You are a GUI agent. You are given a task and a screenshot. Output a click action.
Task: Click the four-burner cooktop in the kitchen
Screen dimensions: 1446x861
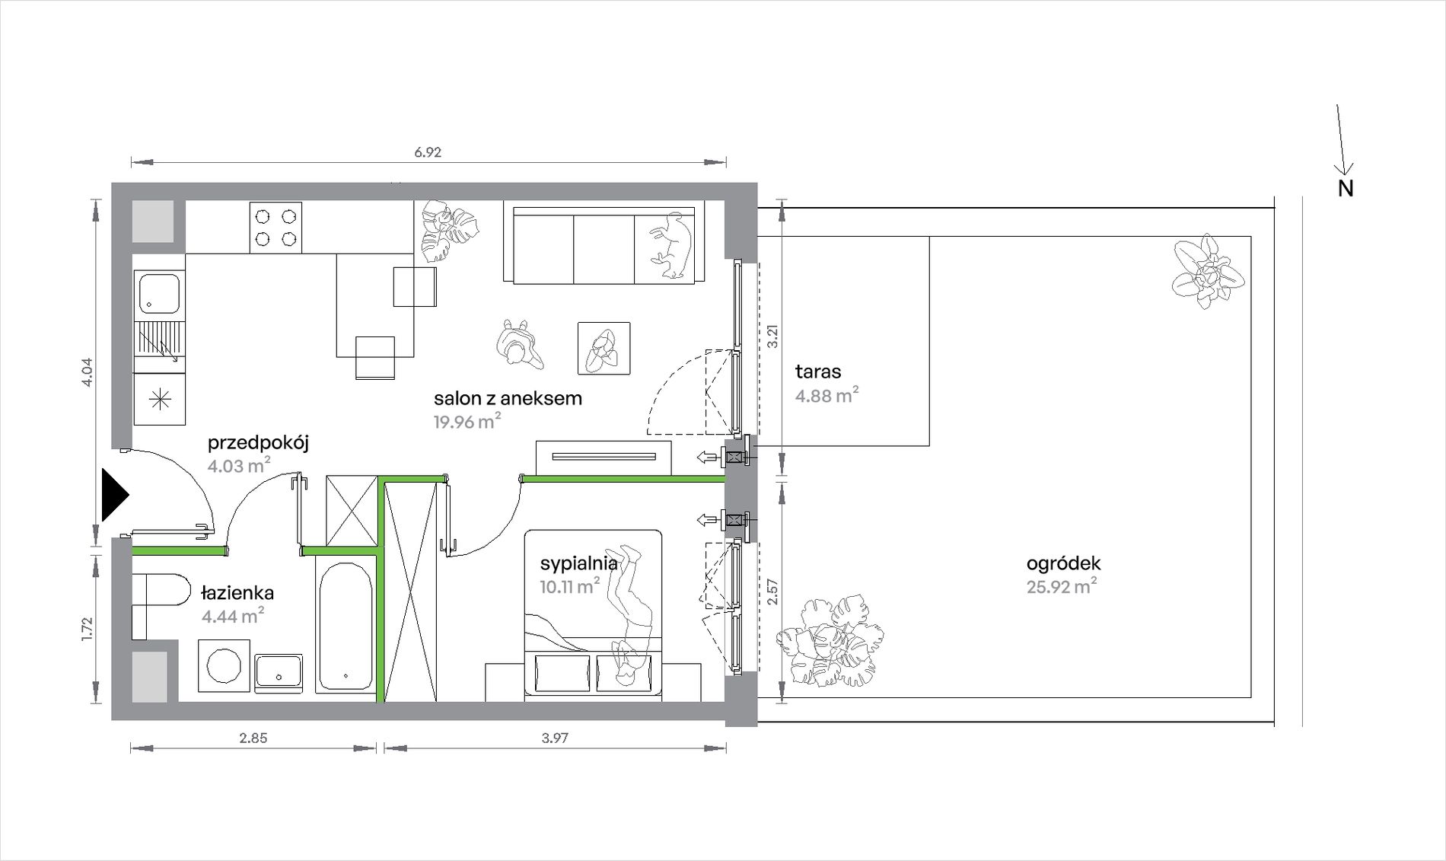(276, 228)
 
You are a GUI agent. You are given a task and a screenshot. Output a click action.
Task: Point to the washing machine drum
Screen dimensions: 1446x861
(224, 665)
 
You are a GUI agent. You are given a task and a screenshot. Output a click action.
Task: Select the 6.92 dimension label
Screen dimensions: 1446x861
(428, 152)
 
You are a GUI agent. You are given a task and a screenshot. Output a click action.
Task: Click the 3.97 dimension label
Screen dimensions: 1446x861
(555, 738)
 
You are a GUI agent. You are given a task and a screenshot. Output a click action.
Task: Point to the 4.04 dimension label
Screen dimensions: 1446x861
(87, 372)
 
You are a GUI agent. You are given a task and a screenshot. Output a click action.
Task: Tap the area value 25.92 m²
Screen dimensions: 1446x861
(1062, 587)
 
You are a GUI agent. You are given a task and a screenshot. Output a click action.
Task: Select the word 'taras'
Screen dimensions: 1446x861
(818, 372)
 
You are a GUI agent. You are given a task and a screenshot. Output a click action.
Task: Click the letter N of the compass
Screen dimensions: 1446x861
(1346, 189)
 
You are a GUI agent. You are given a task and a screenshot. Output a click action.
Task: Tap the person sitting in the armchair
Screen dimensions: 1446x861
(604, 349)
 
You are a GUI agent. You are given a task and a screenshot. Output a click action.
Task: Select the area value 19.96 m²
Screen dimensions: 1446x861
(467, 421)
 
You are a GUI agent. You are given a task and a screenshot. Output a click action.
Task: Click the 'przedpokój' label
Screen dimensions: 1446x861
(258, 443)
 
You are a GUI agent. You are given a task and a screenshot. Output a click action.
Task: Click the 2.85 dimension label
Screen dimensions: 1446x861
(253, 738)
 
